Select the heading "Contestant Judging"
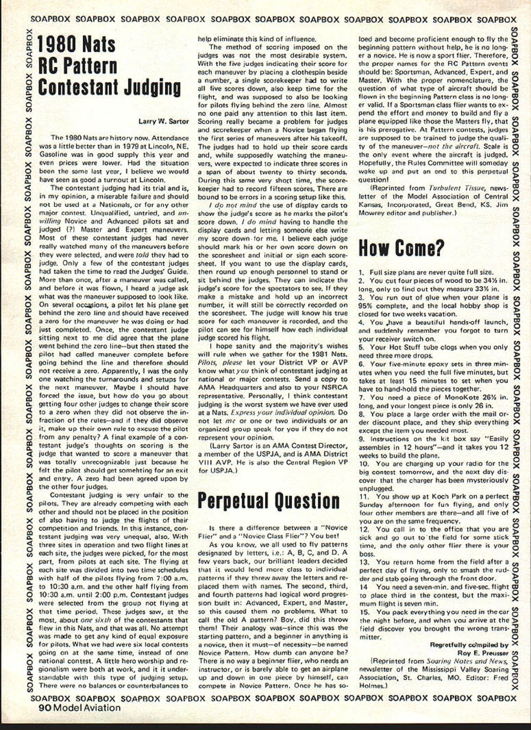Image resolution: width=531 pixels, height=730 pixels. [110, 88]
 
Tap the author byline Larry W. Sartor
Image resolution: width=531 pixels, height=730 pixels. [163, 121]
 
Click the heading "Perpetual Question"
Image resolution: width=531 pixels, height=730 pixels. [268, 501]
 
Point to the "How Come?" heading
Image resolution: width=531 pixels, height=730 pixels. [401, 249]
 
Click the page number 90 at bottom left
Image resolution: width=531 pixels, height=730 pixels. [45, 707]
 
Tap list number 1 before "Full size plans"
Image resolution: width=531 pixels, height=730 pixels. [361, 272]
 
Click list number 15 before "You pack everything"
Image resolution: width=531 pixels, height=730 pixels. [364, 612]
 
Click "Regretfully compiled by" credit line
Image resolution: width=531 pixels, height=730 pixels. [469, 645]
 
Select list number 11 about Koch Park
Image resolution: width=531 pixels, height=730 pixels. [364, 497]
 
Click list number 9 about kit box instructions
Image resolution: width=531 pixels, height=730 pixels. [361, 439]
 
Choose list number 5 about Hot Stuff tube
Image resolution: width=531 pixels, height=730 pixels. [361, 347]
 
